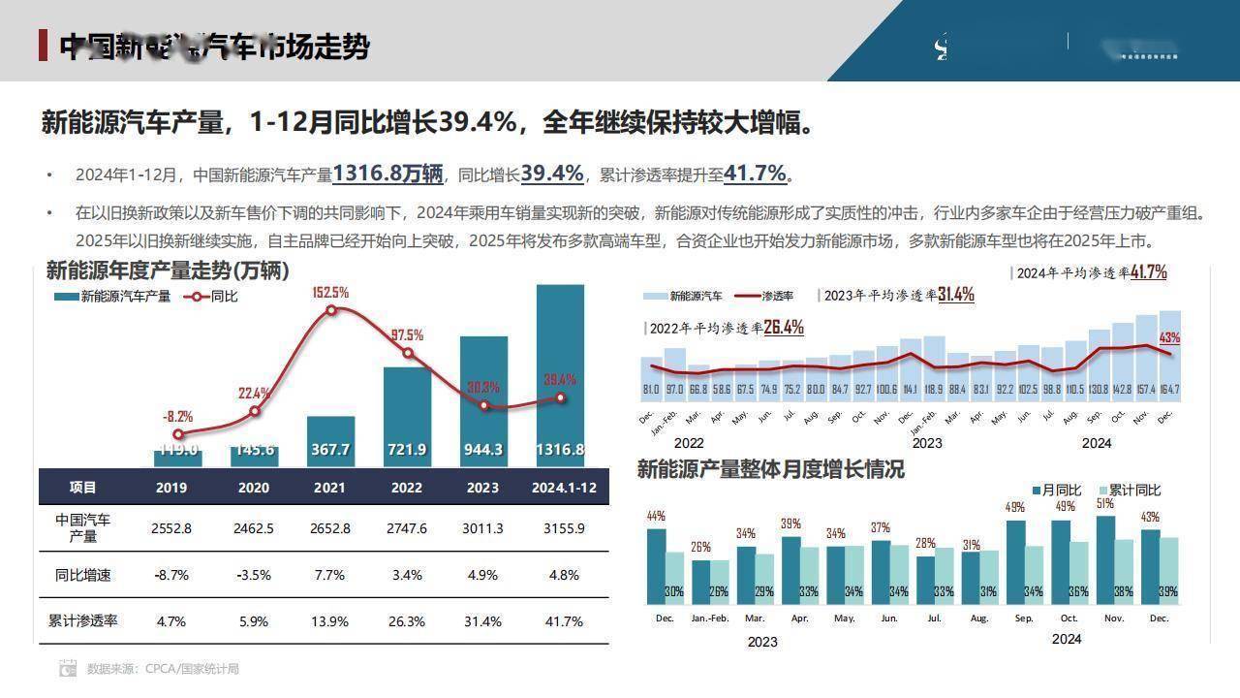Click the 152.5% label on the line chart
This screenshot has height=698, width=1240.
[x=330, y=293]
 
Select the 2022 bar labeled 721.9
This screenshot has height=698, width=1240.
[x=407, y=417]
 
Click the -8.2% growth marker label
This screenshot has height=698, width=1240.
[x=177, y=417]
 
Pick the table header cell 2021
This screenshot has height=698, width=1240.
[x=329, y=488]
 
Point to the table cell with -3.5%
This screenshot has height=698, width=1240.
[x=254, y=575]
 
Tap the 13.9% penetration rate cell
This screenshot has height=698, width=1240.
[x=329, y=620]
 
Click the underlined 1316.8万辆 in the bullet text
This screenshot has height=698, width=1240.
[x=387, y=174]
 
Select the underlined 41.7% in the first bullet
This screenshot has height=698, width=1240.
[x=755, y=174]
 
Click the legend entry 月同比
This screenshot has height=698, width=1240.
[x=1062, y=491]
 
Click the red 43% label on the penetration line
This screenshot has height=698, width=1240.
[x=1169, y=338]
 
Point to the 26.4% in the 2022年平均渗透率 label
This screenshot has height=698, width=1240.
[x=784, y=328]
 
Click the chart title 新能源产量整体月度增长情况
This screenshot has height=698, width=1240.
[x=770, y=469]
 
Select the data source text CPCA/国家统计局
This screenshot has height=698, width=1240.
[x=192, y=669]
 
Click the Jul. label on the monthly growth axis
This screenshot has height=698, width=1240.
[x=934, y=618]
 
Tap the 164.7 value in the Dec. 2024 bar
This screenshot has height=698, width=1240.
[x=1169, y=390]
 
